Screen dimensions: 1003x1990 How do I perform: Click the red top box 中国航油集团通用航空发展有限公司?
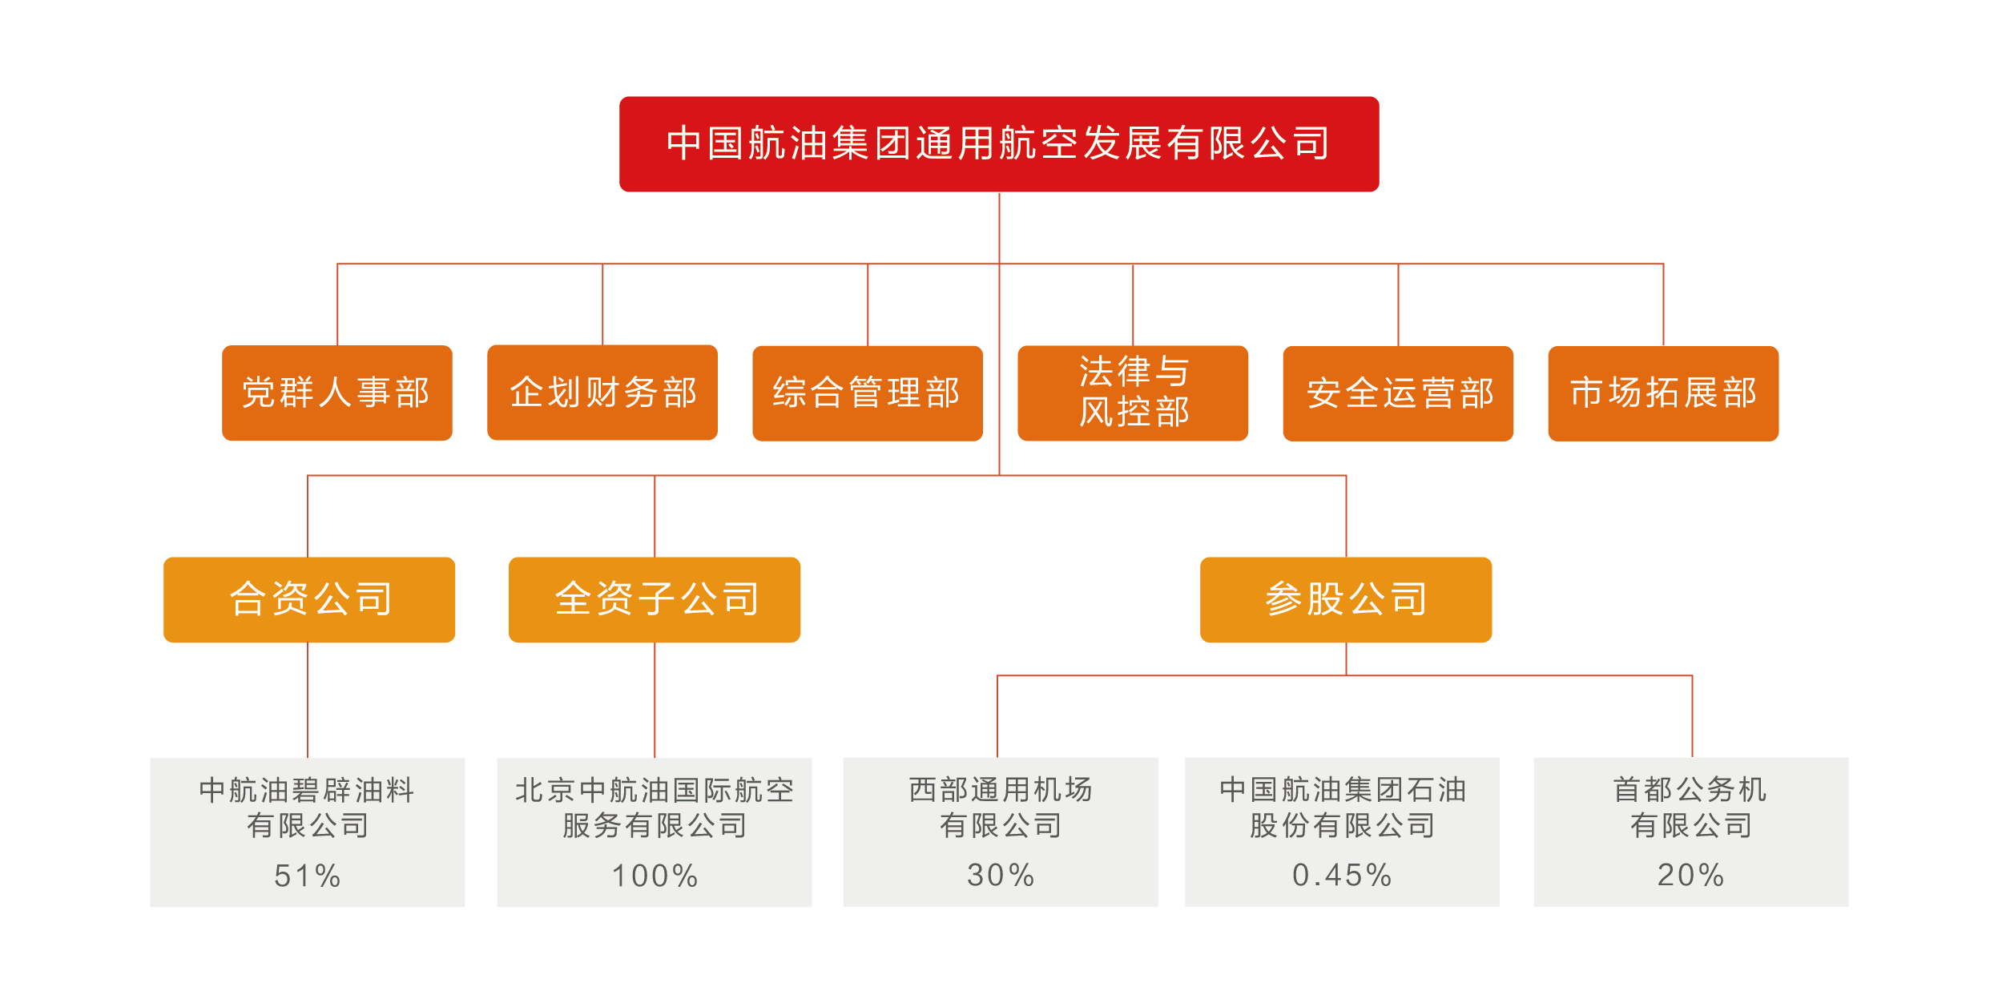tap(998, 144)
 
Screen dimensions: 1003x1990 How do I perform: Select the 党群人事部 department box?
tap(336, 393)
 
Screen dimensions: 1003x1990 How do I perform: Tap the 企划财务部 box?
tap(602, 393)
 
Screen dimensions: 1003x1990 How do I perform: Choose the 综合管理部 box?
tap(867, 393)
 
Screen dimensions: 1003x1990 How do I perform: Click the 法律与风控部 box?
tap(1133, 393)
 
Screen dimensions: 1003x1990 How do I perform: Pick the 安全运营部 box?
tap(1398, 393)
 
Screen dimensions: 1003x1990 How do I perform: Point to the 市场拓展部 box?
tap(1663, 393)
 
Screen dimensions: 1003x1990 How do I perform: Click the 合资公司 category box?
tap(309, 599)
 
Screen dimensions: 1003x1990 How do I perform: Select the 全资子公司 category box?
tap(655, 599)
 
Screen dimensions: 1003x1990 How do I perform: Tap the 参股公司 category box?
tap(1346, 599)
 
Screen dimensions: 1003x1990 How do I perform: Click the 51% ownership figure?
tap(308, 876)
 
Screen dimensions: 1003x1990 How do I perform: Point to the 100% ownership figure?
tap(655, 876)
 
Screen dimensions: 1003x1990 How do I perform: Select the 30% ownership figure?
tap(1001, 875)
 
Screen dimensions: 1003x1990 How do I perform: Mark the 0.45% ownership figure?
tap(1342, 875)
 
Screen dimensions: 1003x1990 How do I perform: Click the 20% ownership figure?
tap(1690, 875)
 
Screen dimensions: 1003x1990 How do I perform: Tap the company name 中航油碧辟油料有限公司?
tap(308, 808)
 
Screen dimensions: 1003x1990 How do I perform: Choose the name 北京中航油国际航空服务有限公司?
tap(655, 808)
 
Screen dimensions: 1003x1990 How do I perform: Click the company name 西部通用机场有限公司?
tap(1001, 807)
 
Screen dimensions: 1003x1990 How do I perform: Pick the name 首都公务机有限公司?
tap(1690, 807)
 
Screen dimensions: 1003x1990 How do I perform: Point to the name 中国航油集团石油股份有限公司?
tap(1342, 807)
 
